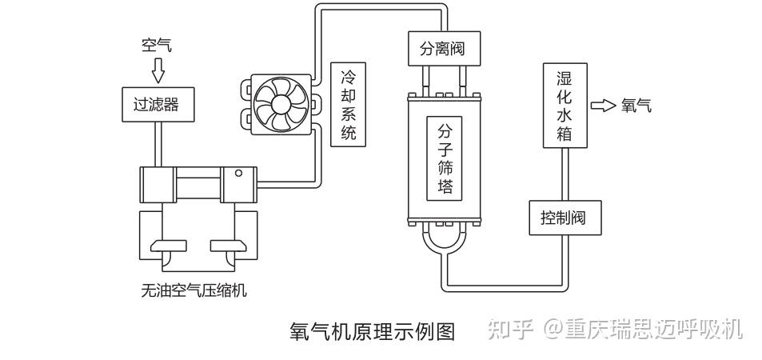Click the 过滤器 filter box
pyautogui.click(x=156, y=104)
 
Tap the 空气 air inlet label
pyautogui.click(x=157, y=46)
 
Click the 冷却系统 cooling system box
pyautogui.click(x=348, y=105)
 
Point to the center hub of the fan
pyautogui.click(x=279, y=105)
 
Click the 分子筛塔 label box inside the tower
pyautogui.click(x=445, y=160)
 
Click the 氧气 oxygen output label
pyautogui.click(x=636, y=106)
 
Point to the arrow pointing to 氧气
pyautogui.click(x=603, y=106)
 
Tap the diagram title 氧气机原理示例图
pyautogui.click(x=372, y=331)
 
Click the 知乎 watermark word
pyautogui.click(x=510, y=329)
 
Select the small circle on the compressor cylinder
pyautogui.click(x=238, y=173)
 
